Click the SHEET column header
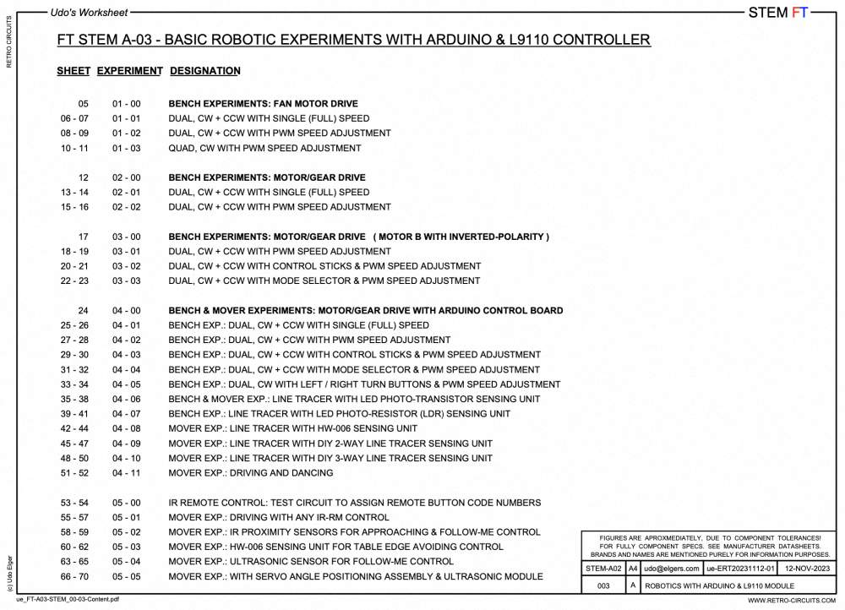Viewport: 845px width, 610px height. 73,71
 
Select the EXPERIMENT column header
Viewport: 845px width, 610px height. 129,71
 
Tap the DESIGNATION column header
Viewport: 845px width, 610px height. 204,71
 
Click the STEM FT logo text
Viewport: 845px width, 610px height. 778,13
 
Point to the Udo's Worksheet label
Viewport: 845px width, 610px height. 89,13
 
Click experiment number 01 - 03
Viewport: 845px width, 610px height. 126,148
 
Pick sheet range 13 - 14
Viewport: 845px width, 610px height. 74,192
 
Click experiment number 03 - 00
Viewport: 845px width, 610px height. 126,237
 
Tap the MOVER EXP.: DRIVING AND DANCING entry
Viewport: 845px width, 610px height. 250,473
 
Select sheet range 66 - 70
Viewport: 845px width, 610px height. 74,576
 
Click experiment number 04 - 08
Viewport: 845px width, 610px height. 126,428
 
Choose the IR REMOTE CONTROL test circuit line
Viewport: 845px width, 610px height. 355,503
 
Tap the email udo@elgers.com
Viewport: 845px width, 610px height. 672,569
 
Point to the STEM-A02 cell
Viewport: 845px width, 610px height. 603,569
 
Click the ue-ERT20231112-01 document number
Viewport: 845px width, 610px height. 740,569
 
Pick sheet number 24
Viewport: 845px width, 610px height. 83,310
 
